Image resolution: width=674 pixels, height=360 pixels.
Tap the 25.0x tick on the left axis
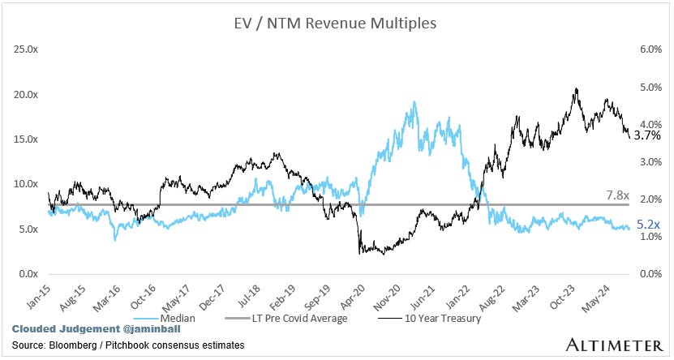tap(30, 49)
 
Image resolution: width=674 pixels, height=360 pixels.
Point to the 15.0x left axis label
tap(30, 139)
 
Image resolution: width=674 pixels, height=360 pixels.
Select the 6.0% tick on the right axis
tap(629, 49)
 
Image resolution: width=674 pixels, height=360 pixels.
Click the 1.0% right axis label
tap(629, 237)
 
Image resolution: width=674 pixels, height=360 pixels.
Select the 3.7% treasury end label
tap(646, 136)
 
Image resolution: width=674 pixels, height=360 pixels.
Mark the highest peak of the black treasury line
tap(576, 88)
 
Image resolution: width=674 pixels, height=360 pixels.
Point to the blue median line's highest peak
tap(414, 102)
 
